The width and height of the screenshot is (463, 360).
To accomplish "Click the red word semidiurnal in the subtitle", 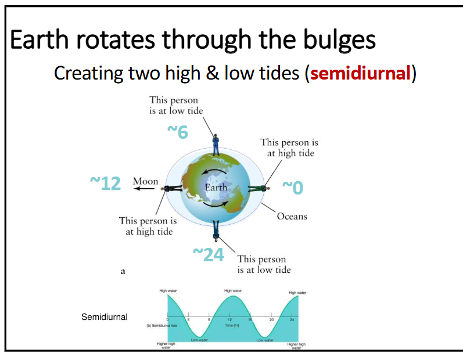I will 360,74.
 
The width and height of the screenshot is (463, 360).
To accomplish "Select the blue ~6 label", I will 178,132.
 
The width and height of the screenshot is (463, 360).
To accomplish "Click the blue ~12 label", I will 105,183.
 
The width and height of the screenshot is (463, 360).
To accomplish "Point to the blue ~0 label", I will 292,188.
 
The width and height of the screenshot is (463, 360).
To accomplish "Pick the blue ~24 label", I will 208,254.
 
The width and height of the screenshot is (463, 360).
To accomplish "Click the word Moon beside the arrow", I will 145,182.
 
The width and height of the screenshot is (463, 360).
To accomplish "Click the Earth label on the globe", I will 216,188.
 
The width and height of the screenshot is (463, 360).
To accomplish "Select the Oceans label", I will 292,217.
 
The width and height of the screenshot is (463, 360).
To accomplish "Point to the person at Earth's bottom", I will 216,230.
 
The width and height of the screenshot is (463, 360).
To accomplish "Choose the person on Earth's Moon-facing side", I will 173,189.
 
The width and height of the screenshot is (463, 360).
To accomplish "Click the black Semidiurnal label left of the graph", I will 105,317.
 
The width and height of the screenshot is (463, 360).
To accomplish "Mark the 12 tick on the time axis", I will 230,320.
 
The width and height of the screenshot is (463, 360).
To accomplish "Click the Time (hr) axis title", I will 231,326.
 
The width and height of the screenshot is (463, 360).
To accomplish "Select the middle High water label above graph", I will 233,290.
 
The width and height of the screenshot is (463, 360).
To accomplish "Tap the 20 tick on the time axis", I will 271,320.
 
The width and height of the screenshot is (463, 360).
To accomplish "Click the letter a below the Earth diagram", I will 123,271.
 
